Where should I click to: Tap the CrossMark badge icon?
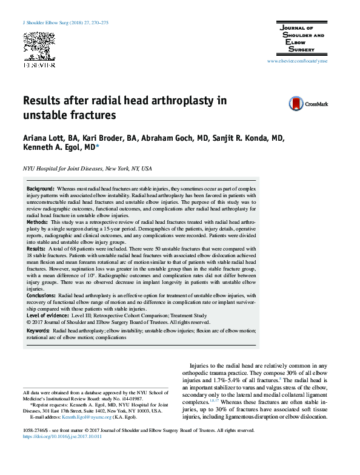[296, 104]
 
